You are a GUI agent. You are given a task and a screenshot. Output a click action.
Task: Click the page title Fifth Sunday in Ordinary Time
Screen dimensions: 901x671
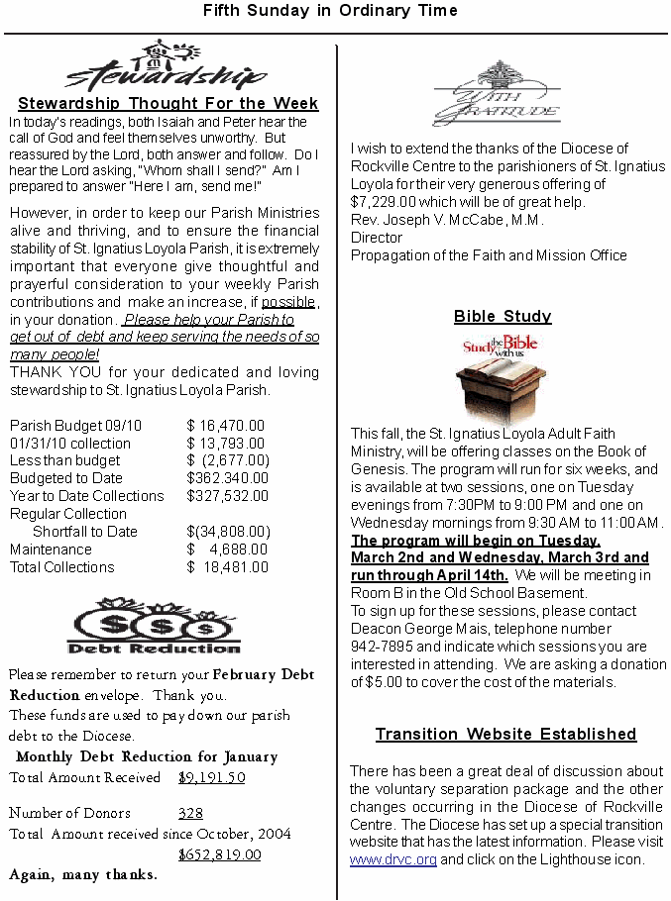pos(330,11)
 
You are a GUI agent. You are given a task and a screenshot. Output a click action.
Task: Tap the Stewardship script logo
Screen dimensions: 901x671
pos(167,67)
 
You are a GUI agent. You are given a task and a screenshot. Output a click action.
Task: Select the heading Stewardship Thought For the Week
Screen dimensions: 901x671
pos(168,103)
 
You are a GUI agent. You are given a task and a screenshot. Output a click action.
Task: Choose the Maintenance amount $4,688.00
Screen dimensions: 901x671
pos(227,550)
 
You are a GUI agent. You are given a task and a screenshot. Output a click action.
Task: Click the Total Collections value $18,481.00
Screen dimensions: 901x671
pos(227,567)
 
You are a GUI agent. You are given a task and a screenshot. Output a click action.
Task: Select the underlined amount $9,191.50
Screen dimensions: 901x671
pos(211,778)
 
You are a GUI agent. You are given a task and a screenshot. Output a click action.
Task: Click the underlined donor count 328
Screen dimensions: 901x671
pos(190,814)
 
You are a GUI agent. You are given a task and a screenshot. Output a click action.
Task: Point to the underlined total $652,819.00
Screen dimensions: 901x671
pos(219,855)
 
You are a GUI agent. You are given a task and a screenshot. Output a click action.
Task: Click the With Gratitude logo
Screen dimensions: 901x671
pos(497,94)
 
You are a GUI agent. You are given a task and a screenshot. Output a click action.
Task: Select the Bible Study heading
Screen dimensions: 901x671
pos(503,317)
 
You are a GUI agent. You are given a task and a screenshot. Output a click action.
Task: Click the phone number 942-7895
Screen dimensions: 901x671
pos(381,647)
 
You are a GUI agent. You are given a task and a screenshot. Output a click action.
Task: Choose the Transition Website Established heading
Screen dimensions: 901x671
pos(505,735)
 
